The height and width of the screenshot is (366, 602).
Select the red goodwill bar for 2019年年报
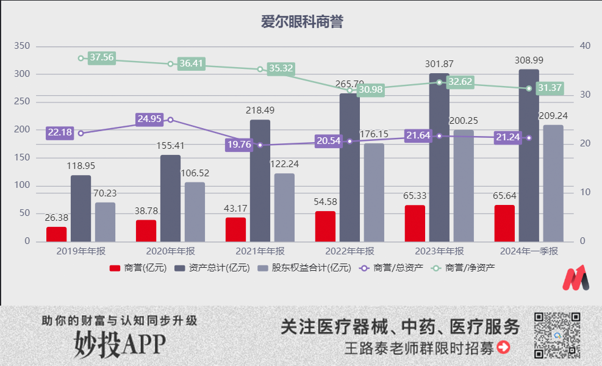tap(56, 234)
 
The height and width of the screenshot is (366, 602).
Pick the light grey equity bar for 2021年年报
tap(284, 207)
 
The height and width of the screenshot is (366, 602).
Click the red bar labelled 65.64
tap(504, 223)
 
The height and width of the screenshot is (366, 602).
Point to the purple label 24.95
tap(149, 119)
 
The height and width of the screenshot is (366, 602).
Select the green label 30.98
tap(370, 90)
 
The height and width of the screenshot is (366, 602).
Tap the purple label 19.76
tap(239, 145)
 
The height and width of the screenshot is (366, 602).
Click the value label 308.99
tap(529, 60)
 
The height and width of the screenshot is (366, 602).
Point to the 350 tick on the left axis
tap(22, 46)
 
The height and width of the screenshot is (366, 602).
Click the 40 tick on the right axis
tap(584, 46)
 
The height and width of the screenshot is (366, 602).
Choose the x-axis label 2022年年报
tap(349, 251)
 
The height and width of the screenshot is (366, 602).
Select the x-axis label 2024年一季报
tap(529, 251)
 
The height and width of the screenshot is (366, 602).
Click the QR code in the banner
tap(556, 334)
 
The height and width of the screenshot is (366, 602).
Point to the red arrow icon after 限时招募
tap(503, 348)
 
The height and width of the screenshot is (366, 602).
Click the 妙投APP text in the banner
tap(120, 344)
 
